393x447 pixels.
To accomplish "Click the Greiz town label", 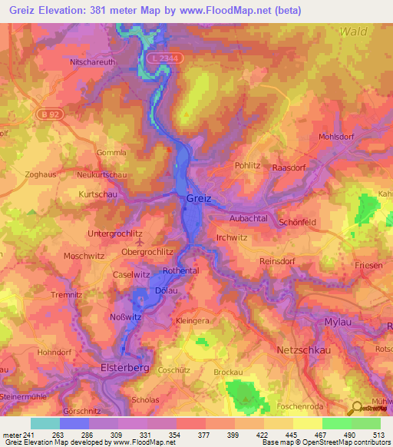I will (x=198, y=198).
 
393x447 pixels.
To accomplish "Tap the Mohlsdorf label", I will (x=336, y=137).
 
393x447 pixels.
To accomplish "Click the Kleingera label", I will (x=193, y=320).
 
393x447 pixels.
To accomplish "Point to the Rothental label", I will (x=182, y=270).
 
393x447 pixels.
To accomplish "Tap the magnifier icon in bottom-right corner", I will (x=355, y=409).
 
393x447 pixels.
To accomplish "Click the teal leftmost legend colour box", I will (x=45, y=423).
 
